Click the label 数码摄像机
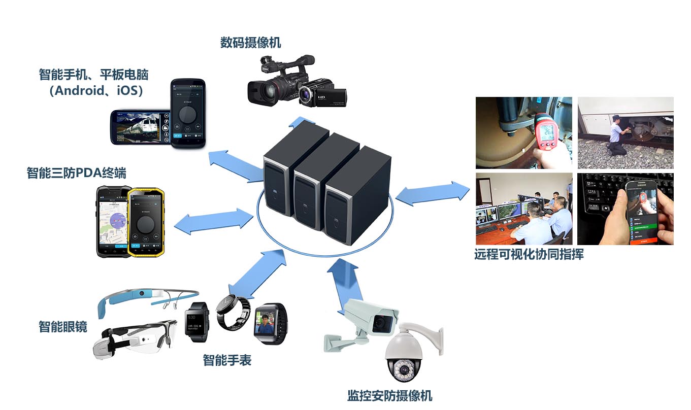coord(250,43)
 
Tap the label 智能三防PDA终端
coord(76,173)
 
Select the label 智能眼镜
coord(62,326)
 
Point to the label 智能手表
coord(227,360)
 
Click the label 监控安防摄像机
coord(390,395)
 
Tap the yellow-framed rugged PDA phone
coord(146,222)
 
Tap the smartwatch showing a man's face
coord(269,323)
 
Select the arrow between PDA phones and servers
coord(214,221)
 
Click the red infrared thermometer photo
coord(523,133)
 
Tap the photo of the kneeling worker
coord(626,133)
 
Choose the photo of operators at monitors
coord(523,209)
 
